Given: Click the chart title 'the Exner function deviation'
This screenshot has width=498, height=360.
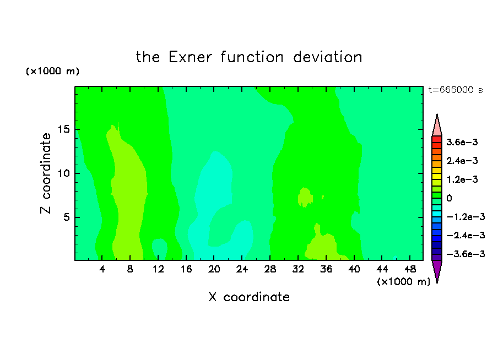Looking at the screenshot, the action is pos(249,57).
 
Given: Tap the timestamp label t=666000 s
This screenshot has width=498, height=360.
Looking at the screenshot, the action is pos(456,90).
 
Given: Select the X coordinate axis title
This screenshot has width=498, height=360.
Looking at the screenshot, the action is pos(249,297).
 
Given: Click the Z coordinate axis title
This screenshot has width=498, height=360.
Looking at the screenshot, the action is pos(46,173).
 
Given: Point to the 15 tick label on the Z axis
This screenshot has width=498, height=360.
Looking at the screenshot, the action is pos(64,129).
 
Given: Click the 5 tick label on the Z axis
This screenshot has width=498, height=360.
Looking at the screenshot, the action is pos(67,217).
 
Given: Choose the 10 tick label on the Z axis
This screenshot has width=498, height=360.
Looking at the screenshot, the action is pos(64,173).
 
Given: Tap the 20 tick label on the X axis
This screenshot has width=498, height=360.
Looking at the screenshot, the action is pos(214,269).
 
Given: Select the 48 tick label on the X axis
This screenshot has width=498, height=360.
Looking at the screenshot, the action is pos(410,269).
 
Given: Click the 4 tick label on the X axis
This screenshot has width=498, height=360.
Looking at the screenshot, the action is pos(102,269).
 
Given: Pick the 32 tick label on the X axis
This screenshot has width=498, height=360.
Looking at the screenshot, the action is pos(298,269).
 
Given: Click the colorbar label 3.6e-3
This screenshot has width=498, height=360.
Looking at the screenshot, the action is pos(462,142).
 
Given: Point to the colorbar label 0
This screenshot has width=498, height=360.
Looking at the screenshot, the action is pos(449,198).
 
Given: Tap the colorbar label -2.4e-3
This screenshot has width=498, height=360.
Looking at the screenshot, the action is pos(465,236).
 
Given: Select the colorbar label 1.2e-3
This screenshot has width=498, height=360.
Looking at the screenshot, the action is pos(462,179).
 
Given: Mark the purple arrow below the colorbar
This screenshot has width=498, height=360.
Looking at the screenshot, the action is pos(437,270).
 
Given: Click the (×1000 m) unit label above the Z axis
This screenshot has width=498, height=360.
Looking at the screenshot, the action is pos(52,71).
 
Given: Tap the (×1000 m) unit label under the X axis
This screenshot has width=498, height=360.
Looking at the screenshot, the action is pos(403,282).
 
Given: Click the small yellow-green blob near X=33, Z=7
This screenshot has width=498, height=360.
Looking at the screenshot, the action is pos(305,198).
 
